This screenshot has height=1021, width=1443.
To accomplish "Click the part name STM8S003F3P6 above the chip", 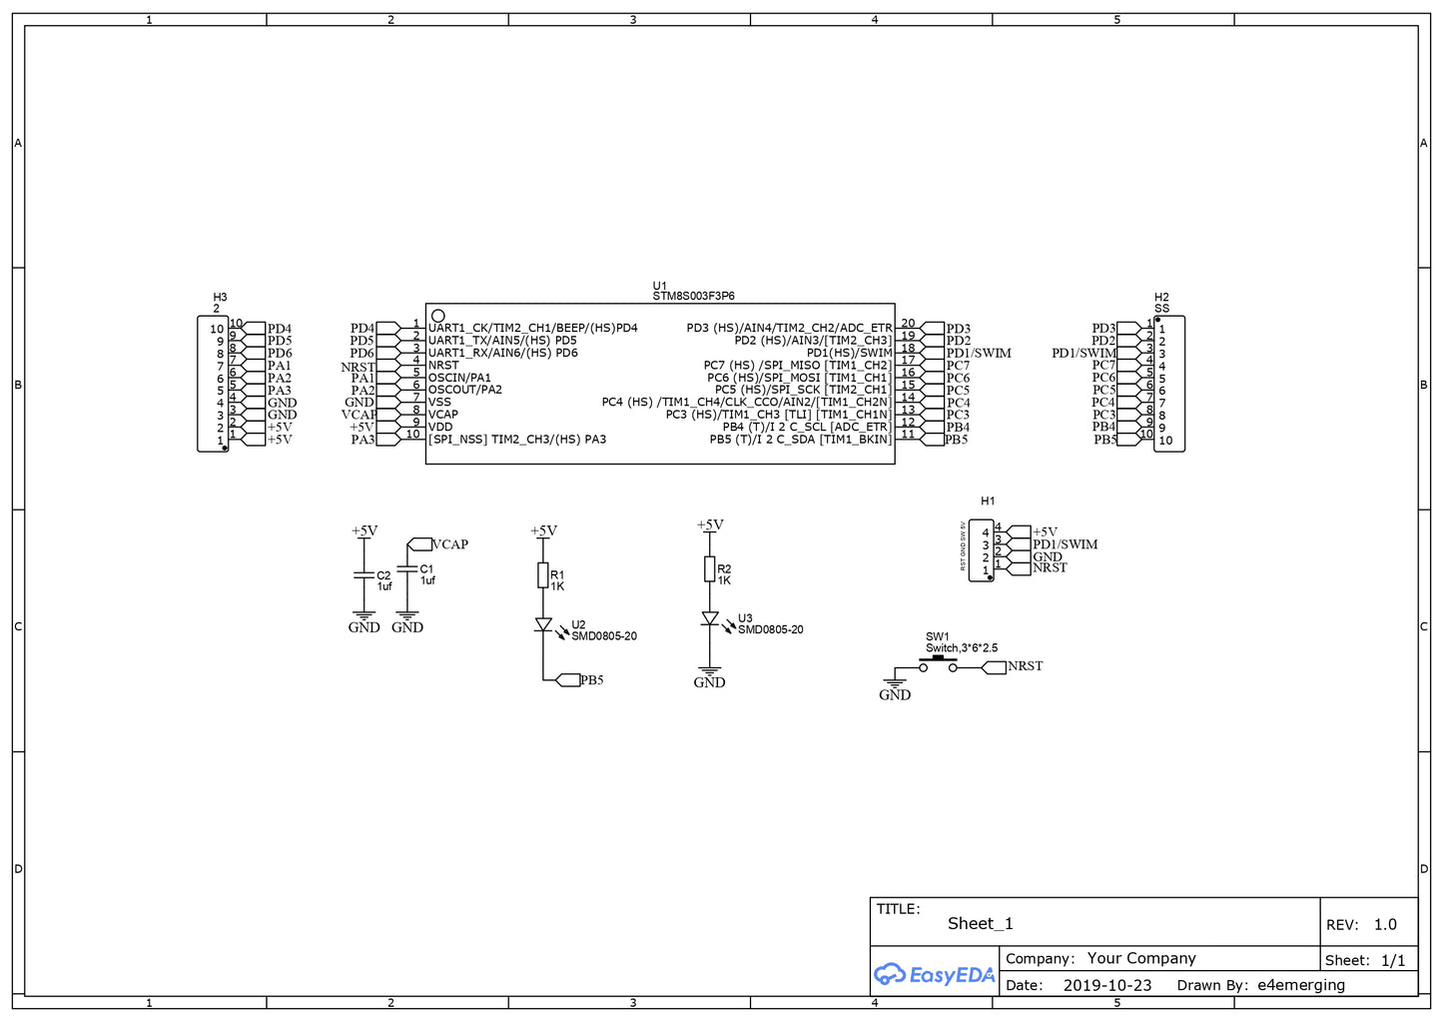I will click(x=693, y=296).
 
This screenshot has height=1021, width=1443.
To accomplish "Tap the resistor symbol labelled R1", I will click(x=543, y=574).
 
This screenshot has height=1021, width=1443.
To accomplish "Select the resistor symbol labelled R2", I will click(x=709, y=569).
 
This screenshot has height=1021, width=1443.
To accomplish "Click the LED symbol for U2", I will click(x=543, y=624).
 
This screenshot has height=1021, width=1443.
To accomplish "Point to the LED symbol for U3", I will click(x=710, y=618).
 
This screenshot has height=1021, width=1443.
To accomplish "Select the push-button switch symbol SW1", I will click(x=938, y=665).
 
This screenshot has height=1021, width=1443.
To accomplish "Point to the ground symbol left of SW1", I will click(x=895, y=685).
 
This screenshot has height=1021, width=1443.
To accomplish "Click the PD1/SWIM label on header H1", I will click(x=1065, y=544).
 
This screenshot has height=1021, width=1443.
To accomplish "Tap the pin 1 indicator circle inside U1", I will click(x=437, y=316).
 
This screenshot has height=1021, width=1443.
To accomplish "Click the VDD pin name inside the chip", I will click(x=440, y=427).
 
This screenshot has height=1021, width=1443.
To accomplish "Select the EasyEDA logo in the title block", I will click(x=935, y=975).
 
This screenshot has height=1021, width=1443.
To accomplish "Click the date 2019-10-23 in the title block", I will click(x=1106, y=985).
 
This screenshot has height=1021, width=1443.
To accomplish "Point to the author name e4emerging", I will click(x=1300, y=985).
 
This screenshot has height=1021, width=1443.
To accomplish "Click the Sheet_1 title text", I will click(x=980, y=923).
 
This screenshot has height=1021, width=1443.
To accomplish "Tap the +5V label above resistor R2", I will click(x=710, y=524).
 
